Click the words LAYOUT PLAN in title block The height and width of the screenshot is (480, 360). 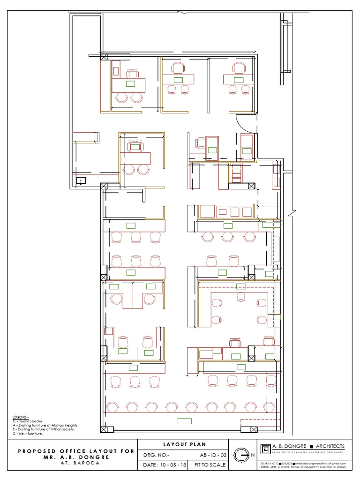coord(184,444)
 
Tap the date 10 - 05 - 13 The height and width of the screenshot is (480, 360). coord(166,465)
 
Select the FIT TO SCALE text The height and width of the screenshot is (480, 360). coord(210,465)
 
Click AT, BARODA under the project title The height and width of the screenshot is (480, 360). coord(75,463)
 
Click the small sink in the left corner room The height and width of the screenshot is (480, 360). coord(81,180)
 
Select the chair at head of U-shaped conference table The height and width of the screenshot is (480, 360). coord(241,296)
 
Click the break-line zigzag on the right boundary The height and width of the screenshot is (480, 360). coord(292,214)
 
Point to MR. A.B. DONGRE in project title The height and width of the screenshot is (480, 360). coord(76,457)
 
